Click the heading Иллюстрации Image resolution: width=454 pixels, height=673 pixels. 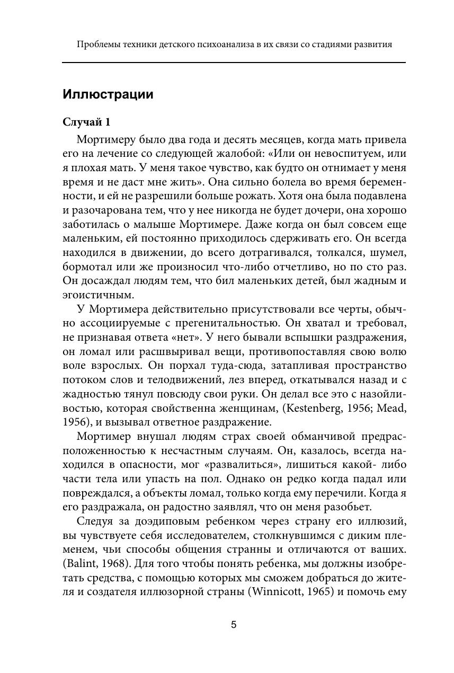tap(108, 95)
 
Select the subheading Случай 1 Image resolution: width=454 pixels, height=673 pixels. tap(86, 122)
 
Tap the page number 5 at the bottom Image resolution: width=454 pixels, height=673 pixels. tap(234, 625)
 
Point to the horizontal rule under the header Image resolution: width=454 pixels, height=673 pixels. tap(234, 63)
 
